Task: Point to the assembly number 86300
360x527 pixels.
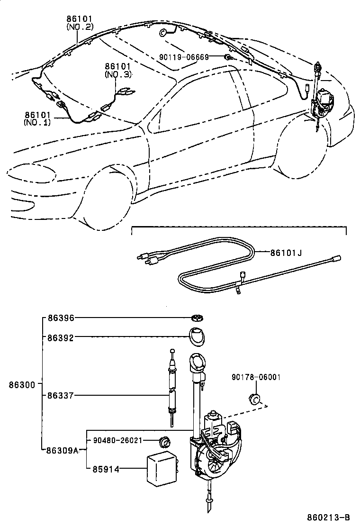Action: point(21,385)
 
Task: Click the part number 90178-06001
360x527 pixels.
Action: point(256,377)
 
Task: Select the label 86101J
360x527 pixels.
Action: point(286,253)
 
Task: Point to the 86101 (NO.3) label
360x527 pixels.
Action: point(117,71)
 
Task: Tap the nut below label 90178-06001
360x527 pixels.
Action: point(254,399)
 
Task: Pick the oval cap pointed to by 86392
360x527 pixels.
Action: point(197,337)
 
